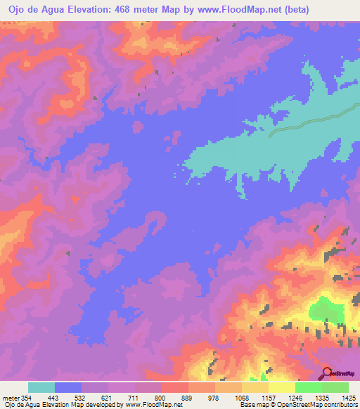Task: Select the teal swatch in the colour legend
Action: click(41, 387)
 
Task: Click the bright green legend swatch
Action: click(308, 387)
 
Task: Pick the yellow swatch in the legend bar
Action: click(281, 387)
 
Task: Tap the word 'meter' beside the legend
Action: click(11, 397)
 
